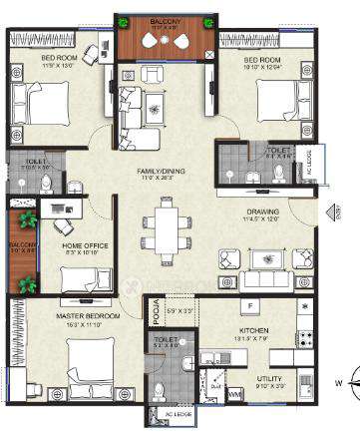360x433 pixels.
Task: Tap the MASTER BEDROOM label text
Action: [x=88, y=316]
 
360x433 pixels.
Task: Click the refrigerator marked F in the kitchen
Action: [x=250, y=306]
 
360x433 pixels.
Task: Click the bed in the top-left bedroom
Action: [x=43, y=102]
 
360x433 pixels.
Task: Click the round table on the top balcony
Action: [x=165, y=41]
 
